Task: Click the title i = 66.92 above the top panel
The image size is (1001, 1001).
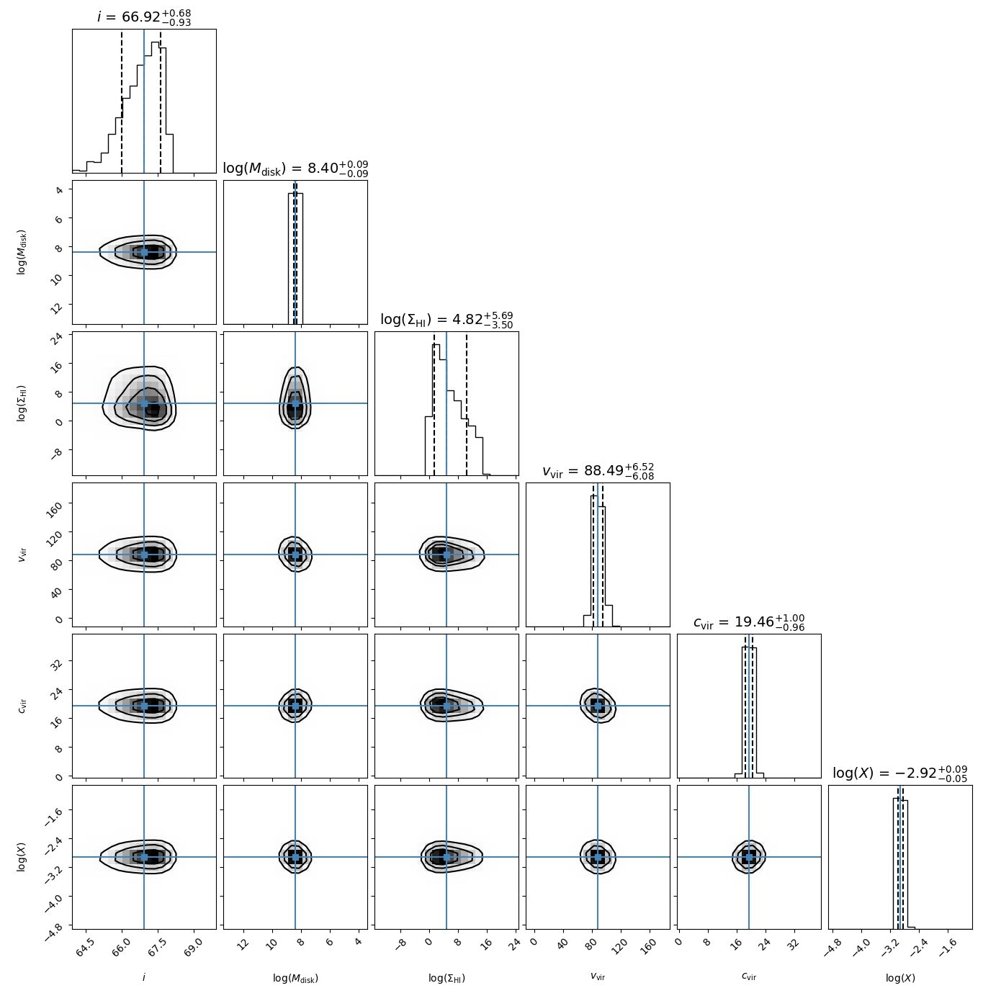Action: pyautogui.click(x=144, y=17)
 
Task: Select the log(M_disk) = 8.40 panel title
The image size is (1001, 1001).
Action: pyautogui.click(x=295, y=169)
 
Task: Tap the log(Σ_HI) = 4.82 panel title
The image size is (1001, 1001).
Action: pyautogui.click(x=446, y=320)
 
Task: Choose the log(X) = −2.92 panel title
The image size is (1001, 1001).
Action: pyautogui.click(x=900, y=773)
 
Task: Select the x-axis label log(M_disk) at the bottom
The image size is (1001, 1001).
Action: pyautogui.click(x=295, y=978)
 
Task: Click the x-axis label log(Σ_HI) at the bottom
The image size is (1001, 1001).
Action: pyautogui.click(x=446, y=978)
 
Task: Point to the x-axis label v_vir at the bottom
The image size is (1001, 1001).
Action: pyautogui.click(x=598, y=977)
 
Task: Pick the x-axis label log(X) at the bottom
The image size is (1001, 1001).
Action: pyautogui.click(x=900, y=978)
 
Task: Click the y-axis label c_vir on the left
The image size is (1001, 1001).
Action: pyautogui.click(x=22, y=706)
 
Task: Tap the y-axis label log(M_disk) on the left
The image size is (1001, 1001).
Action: pyautogui.click(x=22, y=252)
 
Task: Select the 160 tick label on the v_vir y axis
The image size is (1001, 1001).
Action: pyautogui.click(x=58, y=506)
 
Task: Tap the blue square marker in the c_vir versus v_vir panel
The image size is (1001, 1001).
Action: pyautogui.click(x=598, y=706)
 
